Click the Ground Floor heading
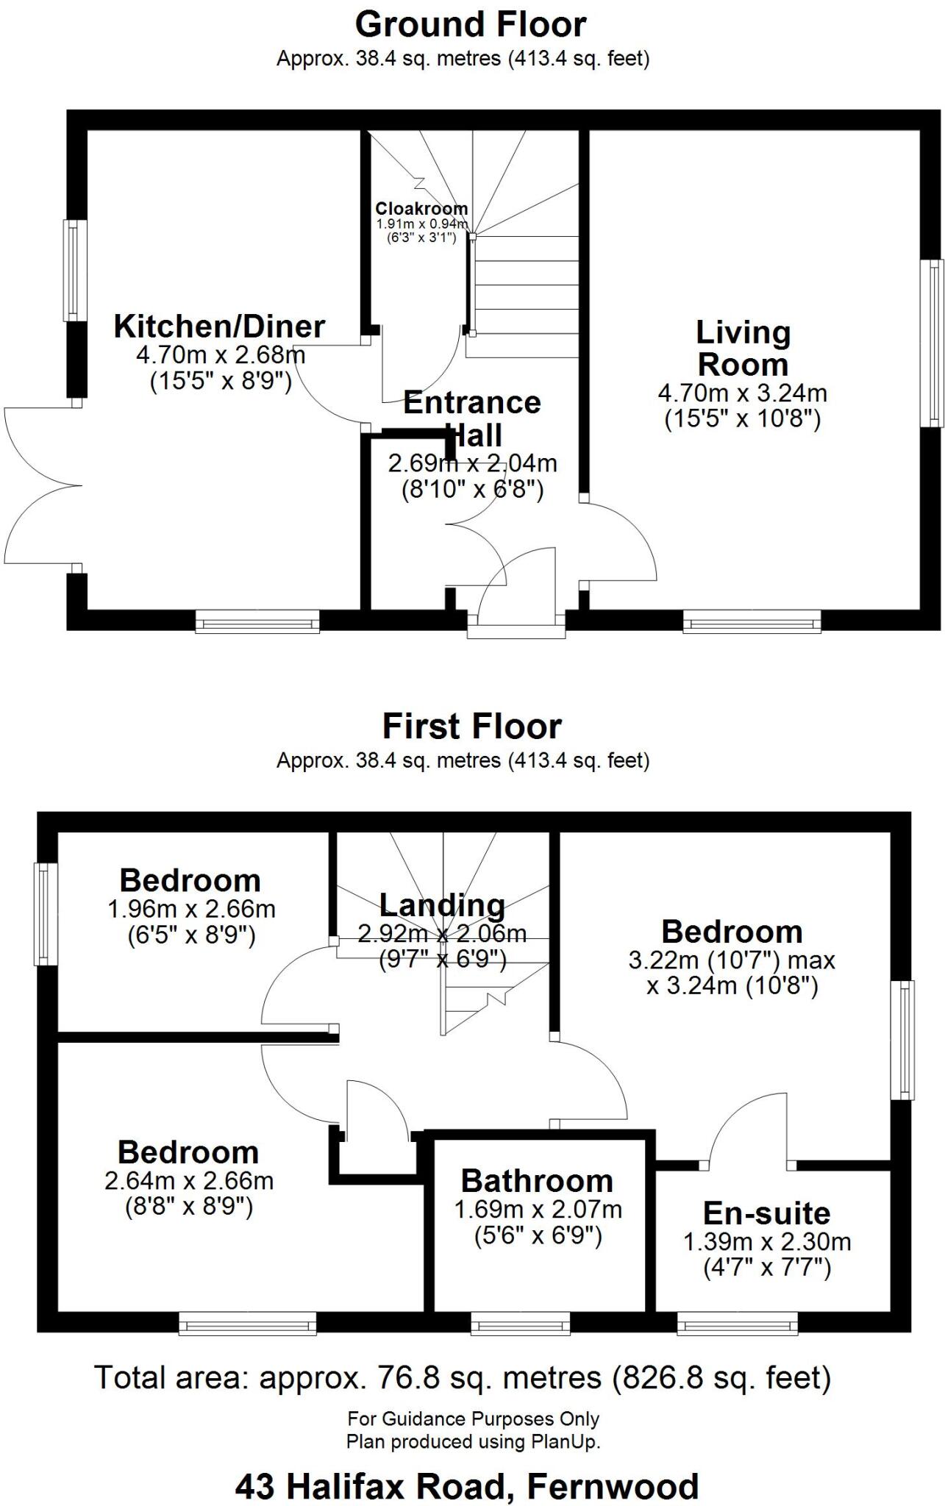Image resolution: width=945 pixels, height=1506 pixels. [471, 24]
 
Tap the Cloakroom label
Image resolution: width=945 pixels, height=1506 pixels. [421, 209]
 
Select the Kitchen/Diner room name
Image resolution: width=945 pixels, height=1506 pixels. [219, 326]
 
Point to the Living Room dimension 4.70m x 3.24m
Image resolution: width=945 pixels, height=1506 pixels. [742, 393]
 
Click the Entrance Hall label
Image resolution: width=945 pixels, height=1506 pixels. [472, 418]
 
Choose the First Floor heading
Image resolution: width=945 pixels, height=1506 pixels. [471, 727]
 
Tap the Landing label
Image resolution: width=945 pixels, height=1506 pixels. [442, 905]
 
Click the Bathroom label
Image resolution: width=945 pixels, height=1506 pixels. [537, 1181]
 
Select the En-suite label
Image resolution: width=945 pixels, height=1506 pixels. [766, 1213]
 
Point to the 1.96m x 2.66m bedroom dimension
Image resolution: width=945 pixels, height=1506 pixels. [191, 909]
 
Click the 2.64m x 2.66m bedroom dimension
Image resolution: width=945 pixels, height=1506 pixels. [189, 1181]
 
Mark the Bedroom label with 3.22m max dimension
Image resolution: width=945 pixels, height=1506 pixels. [731, 932]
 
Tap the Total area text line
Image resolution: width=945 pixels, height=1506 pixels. [463, 1377]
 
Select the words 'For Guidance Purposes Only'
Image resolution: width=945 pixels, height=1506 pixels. [473, 1418]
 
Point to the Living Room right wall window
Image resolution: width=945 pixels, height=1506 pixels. [934, 342]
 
